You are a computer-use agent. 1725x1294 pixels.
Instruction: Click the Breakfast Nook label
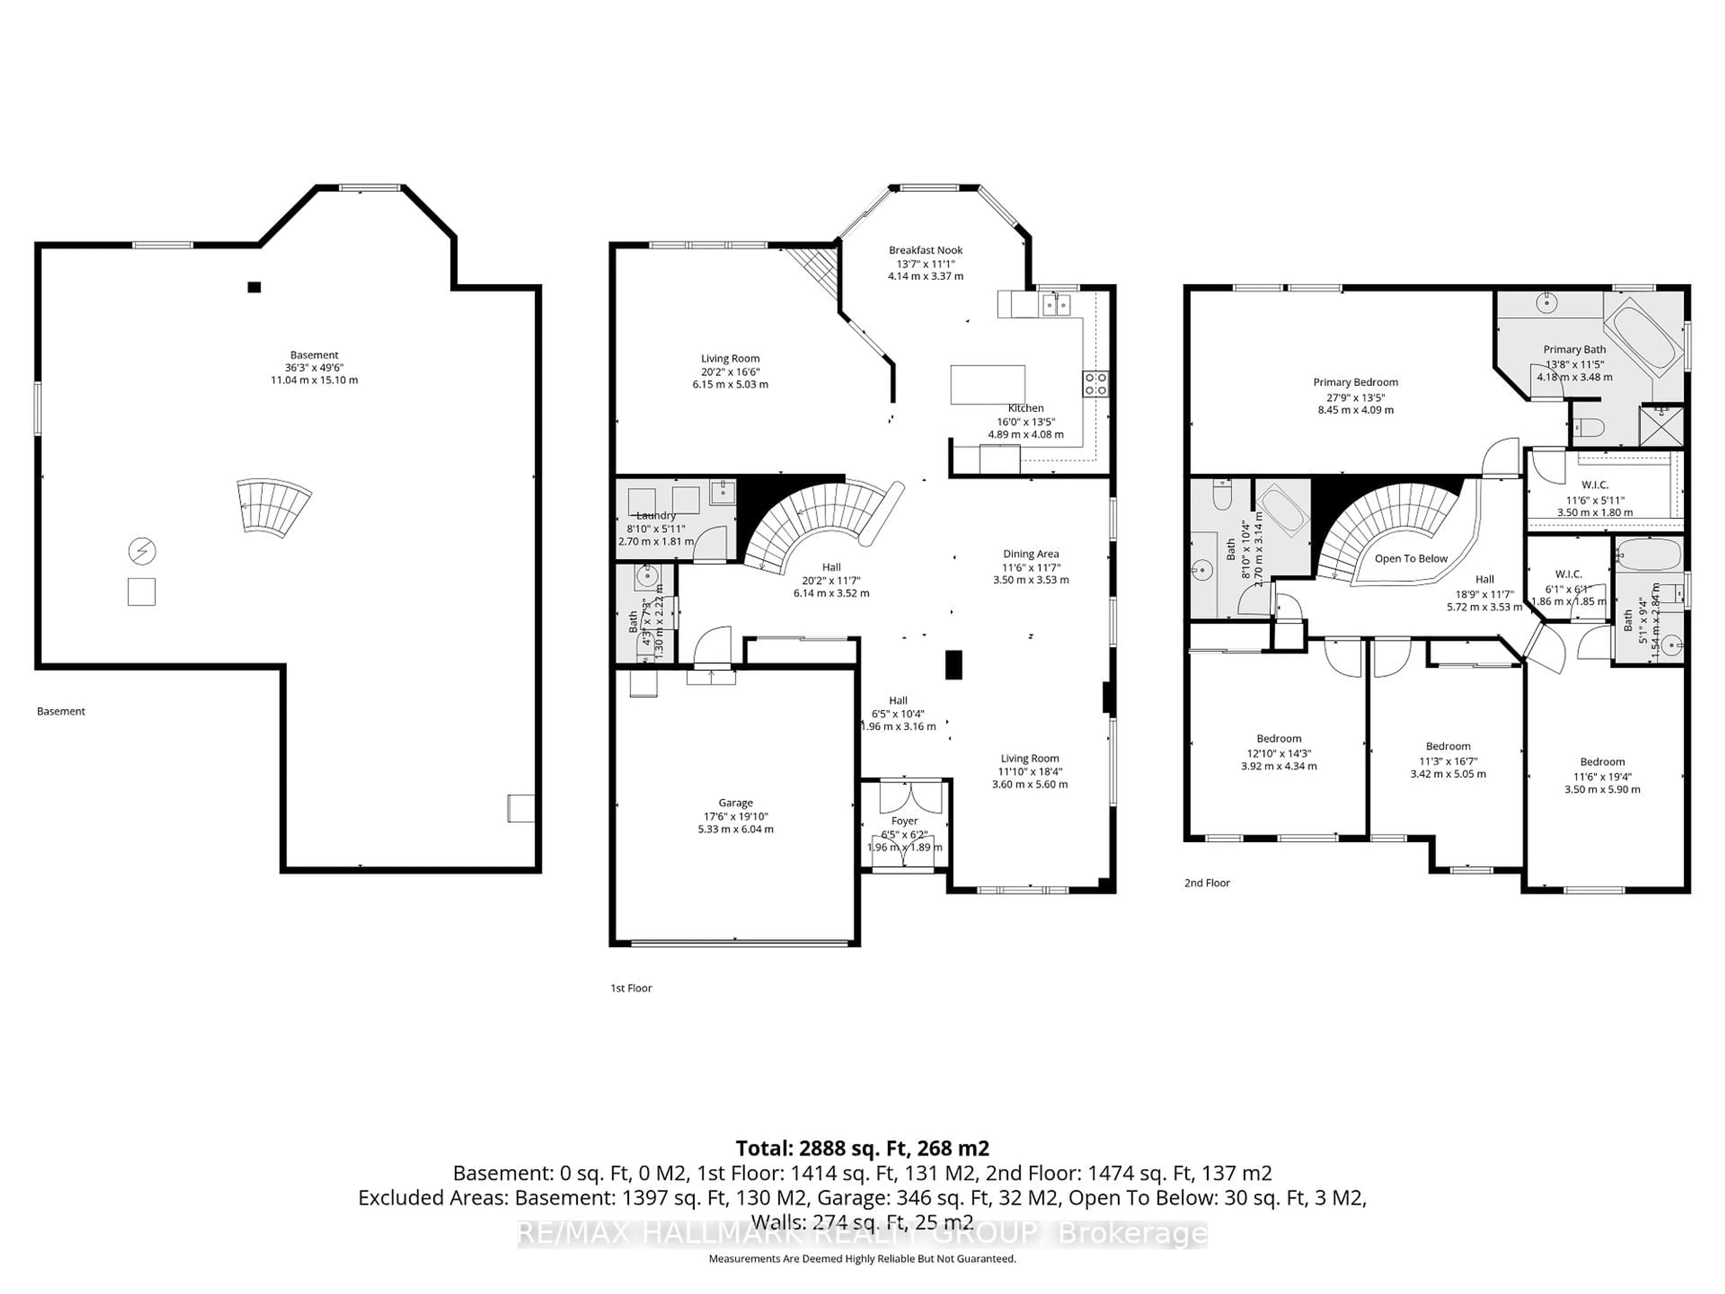[926, 250]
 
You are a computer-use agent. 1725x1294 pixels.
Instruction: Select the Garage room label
[735, 802]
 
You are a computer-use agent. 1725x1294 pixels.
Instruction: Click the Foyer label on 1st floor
[905, 820]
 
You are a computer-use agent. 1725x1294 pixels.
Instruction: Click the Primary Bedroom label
[1355, 382]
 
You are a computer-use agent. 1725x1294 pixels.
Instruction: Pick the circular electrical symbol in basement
[142, 551]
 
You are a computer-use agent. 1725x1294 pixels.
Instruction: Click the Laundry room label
[656, 515]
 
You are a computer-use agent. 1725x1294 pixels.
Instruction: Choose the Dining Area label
[1031, 554]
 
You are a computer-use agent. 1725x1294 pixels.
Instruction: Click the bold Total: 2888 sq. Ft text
[862, 1148]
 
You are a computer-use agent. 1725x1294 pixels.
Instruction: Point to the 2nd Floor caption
[1207, 883]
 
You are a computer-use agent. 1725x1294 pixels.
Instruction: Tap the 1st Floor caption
[630, 988]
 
